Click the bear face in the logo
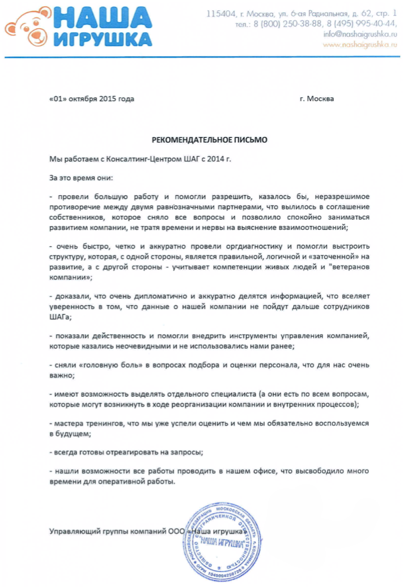pos(27,28)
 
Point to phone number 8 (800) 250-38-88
pos(291,24)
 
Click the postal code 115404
pos(219,13)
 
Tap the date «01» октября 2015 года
pos(92,98)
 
